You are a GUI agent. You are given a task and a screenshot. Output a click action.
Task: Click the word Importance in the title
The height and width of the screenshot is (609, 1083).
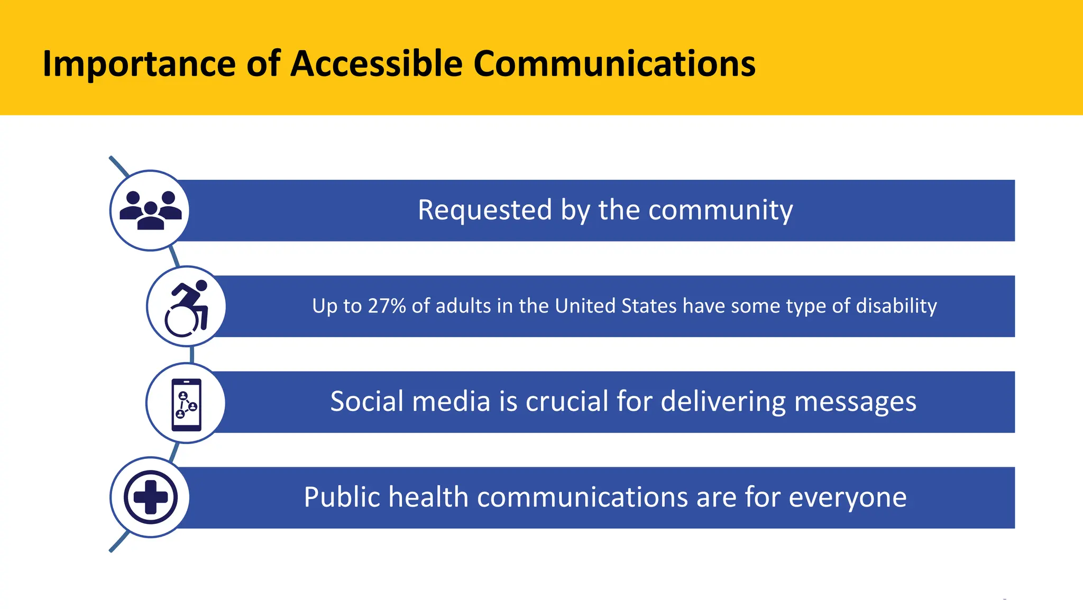tap(139, 64)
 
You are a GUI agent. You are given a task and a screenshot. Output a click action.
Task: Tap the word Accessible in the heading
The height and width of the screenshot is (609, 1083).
tap(377, 64)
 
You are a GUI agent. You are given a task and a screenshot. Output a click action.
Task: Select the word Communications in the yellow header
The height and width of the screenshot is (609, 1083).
tap(614, 64)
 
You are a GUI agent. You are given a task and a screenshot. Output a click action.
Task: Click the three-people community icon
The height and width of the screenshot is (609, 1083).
tap(151, 210)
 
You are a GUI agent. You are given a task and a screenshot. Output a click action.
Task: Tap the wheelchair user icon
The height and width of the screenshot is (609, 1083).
tap(187, 307)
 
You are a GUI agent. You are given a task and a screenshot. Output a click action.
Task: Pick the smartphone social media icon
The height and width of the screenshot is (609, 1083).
tap(186, 404)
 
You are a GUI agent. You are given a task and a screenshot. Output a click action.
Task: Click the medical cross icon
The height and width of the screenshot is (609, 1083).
tap(151, 497)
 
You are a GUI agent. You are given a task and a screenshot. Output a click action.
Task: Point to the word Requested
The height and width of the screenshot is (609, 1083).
tap(485, 210)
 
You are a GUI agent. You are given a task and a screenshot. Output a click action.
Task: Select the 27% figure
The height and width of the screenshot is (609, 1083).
tap(387, 306)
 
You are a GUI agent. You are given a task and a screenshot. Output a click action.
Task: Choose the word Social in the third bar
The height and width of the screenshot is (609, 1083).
tap(367, 401)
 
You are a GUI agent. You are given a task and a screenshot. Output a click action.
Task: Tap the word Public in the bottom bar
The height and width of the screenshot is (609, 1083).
tap(342, 497)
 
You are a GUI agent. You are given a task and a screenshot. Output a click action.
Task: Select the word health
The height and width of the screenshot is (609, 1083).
tap(428, 497)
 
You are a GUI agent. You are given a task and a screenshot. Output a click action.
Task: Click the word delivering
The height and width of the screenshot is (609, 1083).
tap(723, 402)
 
